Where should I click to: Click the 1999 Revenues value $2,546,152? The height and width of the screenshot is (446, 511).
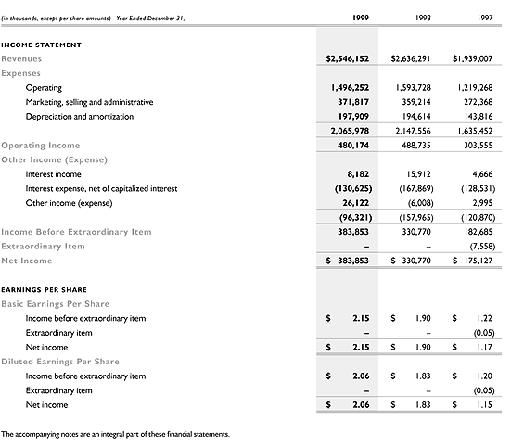click(348, 58)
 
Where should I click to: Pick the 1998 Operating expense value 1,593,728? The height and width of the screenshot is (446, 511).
click(413, 87)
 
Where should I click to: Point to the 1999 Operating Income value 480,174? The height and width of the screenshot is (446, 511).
click(351, 145)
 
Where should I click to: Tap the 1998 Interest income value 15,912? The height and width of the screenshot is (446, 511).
click(418, 173)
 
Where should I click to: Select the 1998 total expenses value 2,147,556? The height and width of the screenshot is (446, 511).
click(413, 131)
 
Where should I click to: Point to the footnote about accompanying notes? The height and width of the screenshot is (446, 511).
click(115, 434)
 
